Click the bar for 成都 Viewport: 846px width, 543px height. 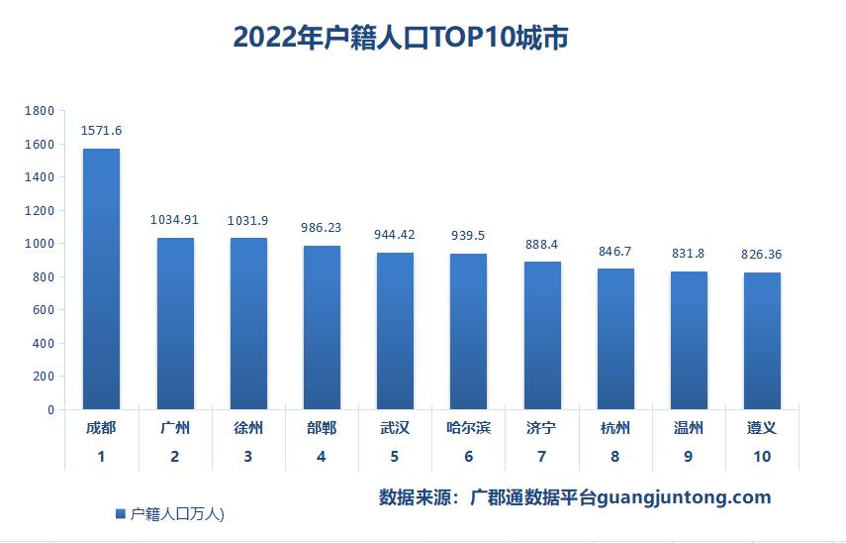(101, 278)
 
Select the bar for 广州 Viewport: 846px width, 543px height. (175, 323)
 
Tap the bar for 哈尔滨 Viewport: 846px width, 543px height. (468, 331)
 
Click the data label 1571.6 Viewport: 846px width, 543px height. (101, 130)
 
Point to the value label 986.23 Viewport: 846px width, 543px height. (321, 227)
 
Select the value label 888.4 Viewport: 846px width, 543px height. (541, 244)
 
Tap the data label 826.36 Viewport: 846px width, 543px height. (761, 255)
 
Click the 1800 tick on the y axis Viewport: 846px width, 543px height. (40, 111)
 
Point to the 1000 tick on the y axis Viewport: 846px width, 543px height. (40, 244)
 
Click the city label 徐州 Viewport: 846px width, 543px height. (247, 428)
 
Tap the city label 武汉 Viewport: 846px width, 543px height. (394, 428)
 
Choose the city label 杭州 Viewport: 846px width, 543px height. (614, 428)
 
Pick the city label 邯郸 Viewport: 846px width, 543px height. (321, 428)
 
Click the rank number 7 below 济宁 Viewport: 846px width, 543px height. (541, 457)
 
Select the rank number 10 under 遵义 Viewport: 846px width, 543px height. (761, 457)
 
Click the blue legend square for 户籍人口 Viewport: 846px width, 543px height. (121, 513)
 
